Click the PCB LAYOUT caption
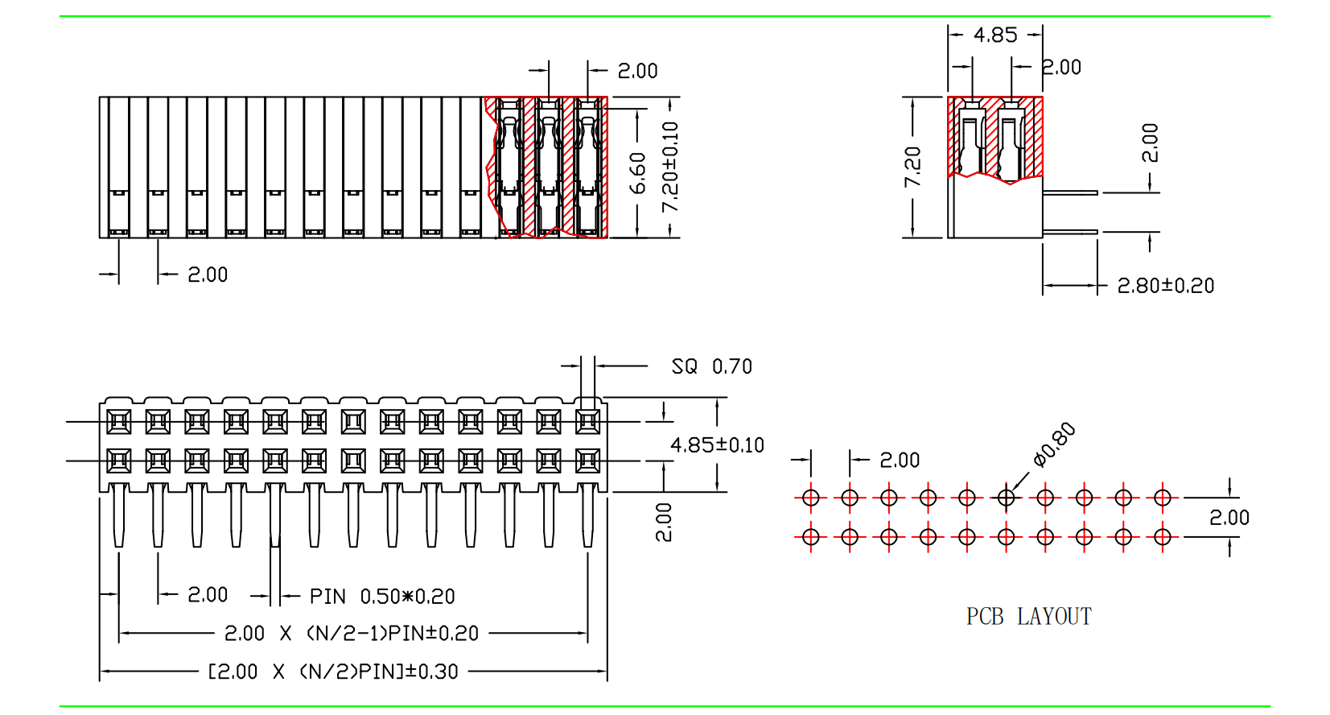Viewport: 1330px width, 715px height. click(x=1028, y=617)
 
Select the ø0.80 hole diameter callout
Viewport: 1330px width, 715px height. click(x=1054, y=444)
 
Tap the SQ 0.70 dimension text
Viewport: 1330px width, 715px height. click(x=711, y=367)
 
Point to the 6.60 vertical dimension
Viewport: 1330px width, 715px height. click(x=638, y=173)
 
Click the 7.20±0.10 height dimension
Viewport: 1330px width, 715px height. click(x=669, y=167)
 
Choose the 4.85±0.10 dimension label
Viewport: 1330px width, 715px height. click(x=717, y=445)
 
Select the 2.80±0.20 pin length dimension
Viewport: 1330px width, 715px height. click(x=1165, y=286)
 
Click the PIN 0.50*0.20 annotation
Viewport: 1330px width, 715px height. click(x=382, y=597)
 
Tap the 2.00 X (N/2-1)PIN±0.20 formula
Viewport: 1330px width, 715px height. click(x=352, y=634)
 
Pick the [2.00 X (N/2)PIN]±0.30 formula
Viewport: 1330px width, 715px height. click(x=333, y=672)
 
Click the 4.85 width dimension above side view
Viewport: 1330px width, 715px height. click(x=995, y=35)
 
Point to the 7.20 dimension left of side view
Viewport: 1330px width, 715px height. click(x=912, y=167)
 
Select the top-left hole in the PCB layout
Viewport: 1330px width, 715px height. click(x=811, y=498)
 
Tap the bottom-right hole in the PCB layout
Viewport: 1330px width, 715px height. click(x=1162, y=536)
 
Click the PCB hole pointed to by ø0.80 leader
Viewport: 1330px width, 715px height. click(x=1006, y=498)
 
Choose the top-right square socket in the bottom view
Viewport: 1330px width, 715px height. click(x=588, y=421)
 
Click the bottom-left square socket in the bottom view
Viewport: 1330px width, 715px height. click(x=119, y=461)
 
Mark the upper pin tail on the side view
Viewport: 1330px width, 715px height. click(x=1070, y=192)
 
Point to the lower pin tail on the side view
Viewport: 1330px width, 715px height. click(x=1070, y=232)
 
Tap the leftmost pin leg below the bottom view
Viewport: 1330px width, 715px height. click(x=119, y=515)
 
